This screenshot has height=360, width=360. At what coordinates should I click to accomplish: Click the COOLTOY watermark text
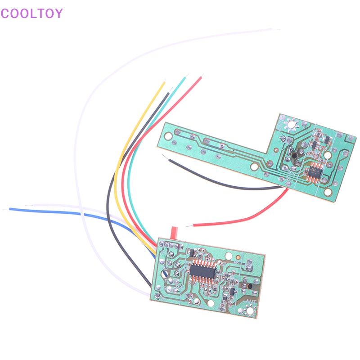point(31,13)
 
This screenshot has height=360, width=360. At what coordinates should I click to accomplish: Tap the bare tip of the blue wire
point(5,209)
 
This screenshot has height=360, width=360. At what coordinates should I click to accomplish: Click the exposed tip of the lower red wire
point(188,225)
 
